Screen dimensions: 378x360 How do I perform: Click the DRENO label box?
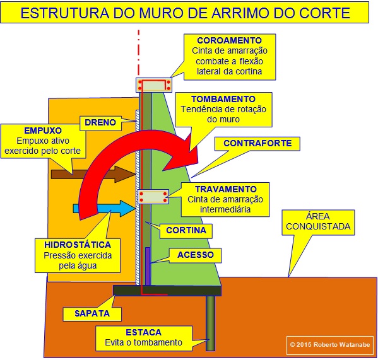pos(100,122)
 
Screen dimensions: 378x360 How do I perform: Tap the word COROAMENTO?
pos(229,40)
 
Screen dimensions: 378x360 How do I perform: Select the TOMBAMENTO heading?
pos(223,99)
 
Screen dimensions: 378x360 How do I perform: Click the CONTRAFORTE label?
pos(257,143)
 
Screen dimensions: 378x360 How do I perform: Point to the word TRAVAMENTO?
pos(226,189)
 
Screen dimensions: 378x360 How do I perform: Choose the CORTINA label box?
pos(186,230)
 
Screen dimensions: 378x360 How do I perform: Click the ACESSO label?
pos(196,255)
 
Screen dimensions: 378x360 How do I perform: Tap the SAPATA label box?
pos(92,313)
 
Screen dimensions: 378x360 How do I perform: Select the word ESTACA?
pos(143,332)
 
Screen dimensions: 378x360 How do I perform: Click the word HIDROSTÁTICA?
pos(78,245)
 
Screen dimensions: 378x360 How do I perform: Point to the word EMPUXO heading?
pos(43,131)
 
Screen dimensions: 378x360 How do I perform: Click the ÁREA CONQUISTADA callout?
pos(318,222)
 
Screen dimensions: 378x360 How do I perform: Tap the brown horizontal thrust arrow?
pos(93,174)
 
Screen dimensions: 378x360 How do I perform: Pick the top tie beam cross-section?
pos(154,85)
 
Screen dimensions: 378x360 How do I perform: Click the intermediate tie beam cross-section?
pos(153,197)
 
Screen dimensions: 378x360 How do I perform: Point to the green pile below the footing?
pos(210,323)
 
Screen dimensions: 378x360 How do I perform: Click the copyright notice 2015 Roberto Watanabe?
pos(330,345)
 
